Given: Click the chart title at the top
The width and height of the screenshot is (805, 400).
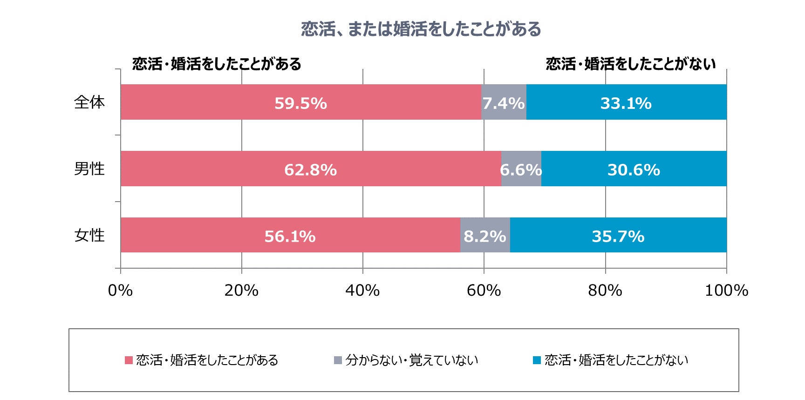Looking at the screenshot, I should click(421, 29).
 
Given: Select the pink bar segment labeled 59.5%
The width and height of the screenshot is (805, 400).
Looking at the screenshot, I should click(300, 102).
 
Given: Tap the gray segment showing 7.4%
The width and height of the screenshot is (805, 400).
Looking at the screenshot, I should click(504, 102).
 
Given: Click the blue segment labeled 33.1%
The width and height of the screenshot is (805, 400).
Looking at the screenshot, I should click(626, 102).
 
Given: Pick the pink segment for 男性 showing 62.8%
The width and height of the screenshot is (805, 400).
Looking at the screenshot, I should click(311, 169).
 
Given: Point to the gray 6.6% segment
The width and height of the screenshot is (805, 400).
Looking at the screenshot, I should click(521, 169).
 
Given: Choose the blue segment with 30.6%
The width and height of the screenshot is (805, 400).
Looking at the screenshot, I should click(634, 169).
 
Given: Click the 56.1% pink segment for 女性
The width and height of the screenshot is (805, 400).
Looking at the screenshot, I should click(290, 235).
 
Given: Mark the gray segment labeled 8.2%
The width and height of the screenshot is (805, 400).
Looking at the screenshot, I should click(485, 235).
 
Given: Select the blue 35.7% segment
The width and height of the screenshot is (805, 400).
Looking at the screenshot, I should click(618, 235).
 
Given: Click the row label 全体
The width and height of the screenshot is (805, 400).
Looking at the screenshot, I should click(89, 102).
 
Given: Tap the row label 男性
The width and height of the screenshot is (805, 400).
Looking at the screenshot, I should click(89, 169).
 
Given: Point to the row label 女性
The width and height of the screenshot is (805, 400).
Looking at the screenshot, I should click(89, 235).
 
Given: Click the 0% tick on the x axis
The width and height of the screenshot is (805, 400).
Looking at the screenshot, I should click(120, 290).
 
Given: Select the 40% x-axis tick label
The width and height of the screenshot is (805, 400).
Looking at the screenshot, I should click(362, 290).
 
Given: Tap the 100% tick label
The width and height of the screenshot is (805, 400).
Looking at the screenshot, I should click(726, 290).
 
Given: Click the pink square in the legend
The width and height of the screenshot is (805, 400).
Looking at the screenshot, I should click(129, 360).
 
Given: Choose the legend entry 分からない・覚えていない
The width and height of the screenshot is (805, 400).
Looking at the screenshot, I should click(411, 360).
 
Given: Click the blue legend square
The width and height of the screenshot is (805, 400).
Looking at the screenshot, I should click(537, 360).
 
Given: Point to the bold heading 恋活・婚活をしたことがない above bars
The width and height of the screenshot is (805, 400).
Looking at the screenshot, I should click(630, 64).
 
